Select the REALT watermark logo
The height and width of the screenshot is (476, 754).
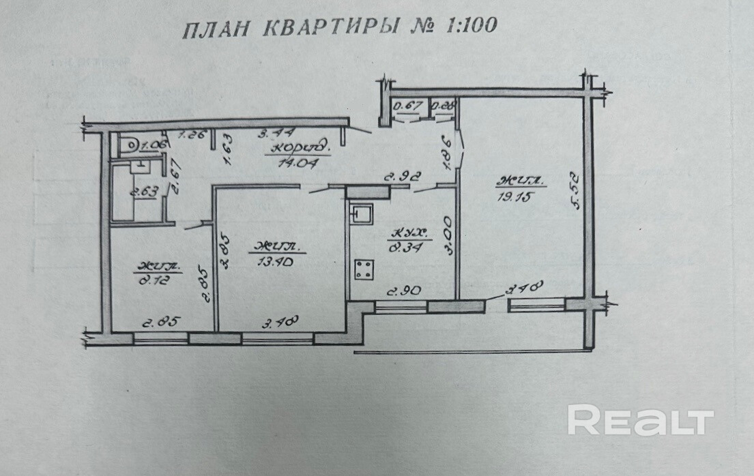point(640,420)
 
